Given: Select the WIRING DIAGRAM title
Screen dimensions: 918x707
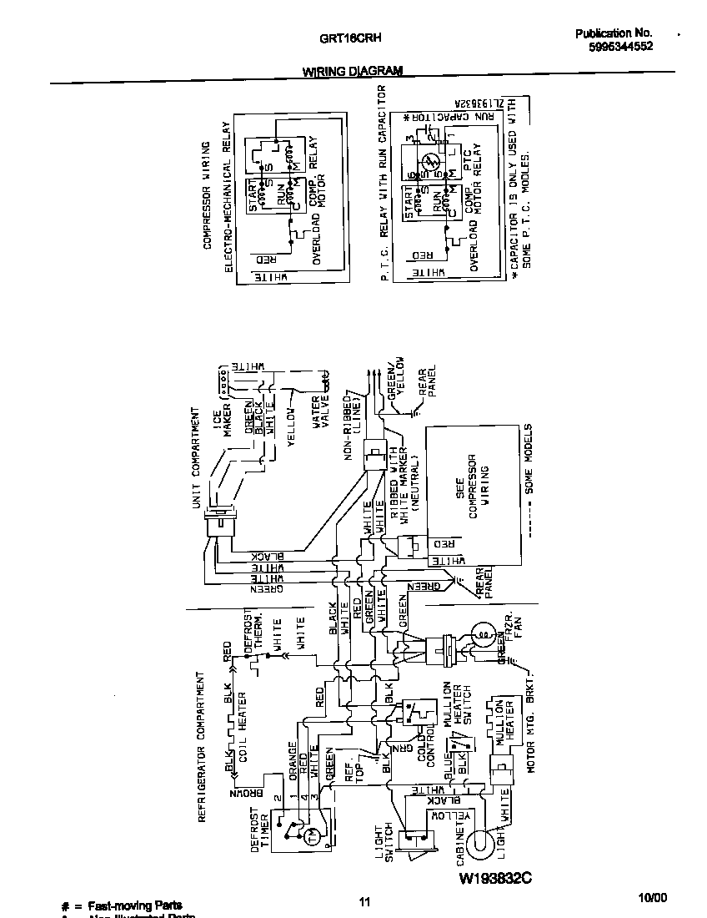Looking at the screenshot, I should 352,72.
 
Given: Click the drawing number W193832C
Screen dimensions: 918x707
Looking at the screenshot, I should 494,879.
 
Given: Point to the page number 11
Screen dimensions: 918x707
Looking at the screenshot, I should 364,901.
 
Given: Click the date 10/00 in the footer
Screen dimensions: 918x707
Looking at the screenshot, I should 653,898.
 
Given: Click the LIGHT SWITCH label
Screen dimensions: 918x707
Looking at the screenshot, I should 384,844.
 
